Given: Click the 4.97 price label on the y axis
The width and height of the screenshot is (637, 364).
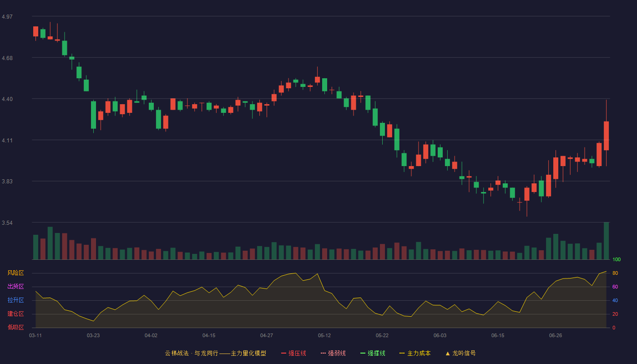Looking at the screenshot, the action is tap(7, 17).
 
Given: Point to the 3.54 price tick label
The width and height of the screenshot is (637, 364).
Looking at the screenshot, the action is tap(7, 223).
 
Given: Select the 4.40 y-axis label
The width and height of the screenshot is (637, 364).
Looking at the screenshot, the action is tap(7, 99).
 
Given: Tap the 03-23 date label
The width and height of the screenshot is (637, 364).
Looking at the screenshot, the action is tap(93, 336).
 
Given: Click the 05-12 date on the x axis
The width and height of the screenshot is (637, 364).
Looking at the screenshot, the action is tap(324, 336).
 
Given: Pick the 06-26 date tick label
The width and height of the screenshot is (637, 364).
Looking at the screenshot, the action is tap(556, 336).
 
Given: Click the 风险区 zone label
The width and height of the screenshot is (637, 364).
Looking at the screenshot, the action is tap(15, 273).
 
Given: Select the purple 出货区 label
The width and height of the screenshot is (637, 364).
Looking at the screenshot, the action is tap(15, 286).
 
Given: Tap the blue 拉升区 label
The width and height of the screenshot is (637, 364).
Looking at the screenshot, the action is tap(15, 300).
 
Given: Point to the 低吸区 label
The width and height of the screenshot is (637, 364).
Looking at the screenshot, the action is tap(15, 327).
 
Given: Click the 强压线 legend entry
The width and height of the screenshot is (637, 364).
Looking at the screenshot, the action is tap(293, 353).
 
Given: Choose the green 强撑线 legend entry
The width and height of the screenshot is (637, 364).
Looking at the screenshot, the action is tap(373, 353).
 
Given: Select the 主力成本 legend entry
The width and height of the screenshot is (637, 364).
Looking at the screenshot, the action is tap(415, 353).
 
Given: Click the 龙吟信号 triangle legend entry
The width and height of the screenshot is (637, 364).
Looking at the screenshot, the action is tap(460, 353).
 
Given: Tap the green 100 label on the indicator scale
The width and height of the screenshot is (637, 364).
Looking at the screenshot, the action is tap(617, 259).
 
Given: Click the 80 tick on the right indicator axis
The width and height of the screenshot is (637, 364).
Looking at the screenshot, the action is tap(615, 273).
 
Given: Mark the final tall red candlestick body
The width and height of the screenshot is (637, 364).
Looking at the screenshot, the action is tap(606, 136).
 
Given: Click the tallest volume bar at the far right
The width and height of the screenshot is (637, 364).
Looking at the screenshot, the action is tap(606, 241).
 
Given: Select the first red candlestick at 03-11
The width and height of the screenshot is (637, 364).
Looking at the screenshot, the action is tap(35, 31).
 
